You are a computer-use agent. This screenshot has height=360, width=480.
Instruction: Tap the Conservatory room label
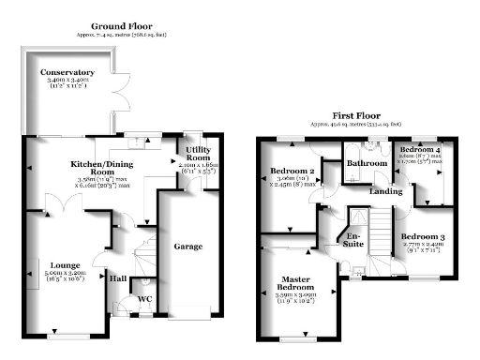(x=67, y=72)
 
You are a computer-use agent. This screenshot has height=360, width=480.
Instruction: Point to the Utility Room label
(x=197, y=155)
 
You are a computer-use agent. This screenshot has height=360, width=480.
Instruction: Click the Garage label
(x=188, y=247)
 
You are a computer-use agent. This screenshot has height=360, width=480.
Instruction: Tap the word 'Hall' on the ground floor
(x=119, y=277)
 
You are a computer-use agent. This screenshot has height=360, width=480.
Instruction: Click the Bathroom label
(x=367, y=163)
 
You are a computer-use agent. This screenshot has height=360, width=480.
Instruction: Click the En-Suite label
(x=354, y=238)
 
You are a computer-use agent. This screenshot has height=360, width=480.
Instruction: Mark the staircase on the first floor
(x=380, y=230)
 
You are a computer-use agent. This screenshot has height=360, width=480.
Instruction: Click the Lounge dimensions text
(x=65, y=278)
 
